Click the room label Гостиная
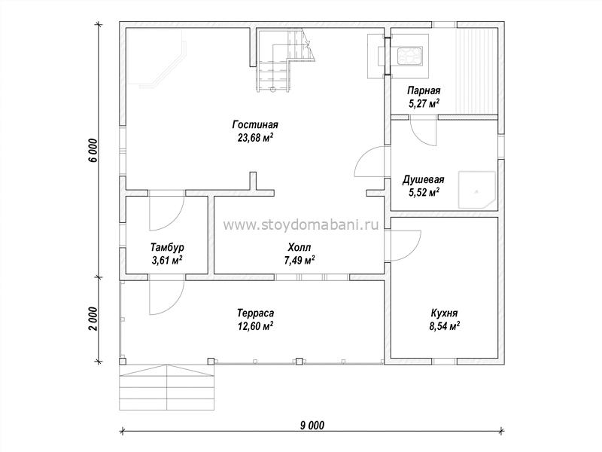(x=255, y=125)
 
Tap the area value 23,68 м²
(x=255, y=138)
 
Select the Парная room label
(x=424, y=90)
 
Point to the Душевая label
(x=423, y=179)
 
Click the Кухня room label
(x=444, y=313)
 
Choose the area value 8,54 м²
(x=445, y=326)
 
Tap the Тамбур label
(x=167, y=247)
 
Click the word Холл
(x=299, y=247)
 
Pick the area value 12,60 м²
(x=255, y=326)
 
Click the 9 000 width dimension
(x=312, y=425)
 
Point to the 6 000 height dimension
(x=94, y=151)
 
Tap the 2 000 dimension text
(x=94, y=319)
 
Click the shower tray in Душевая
(x=477, y=190)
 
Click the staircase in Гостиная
(x=284, y=60)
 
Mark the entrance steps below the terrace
(x=166, y=387)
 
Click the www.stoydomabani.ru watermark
(x=300, y=224)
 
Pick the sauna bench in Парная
(x=477, y=69)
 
